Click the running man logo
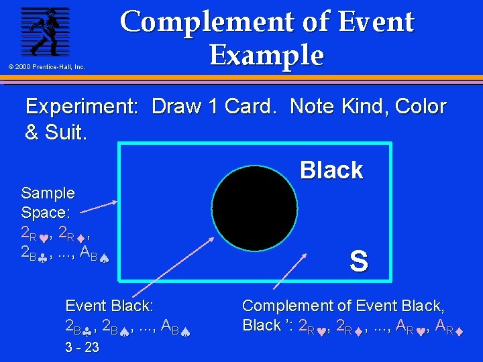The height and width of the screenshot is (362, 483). [44, 32]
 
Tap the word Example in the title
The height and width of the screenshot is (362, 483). [266, 54]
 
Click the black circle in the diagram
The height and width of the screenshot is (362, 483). [254, 207]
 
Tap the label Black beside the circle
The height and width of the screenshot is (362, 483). [331, 170]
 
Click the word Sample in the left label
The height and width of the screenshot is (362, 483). [48, 193]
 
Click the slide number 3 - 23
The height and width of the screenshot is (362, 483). [82, 347]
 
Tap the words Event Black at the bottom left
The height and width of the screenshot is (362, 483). [109, 306]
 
